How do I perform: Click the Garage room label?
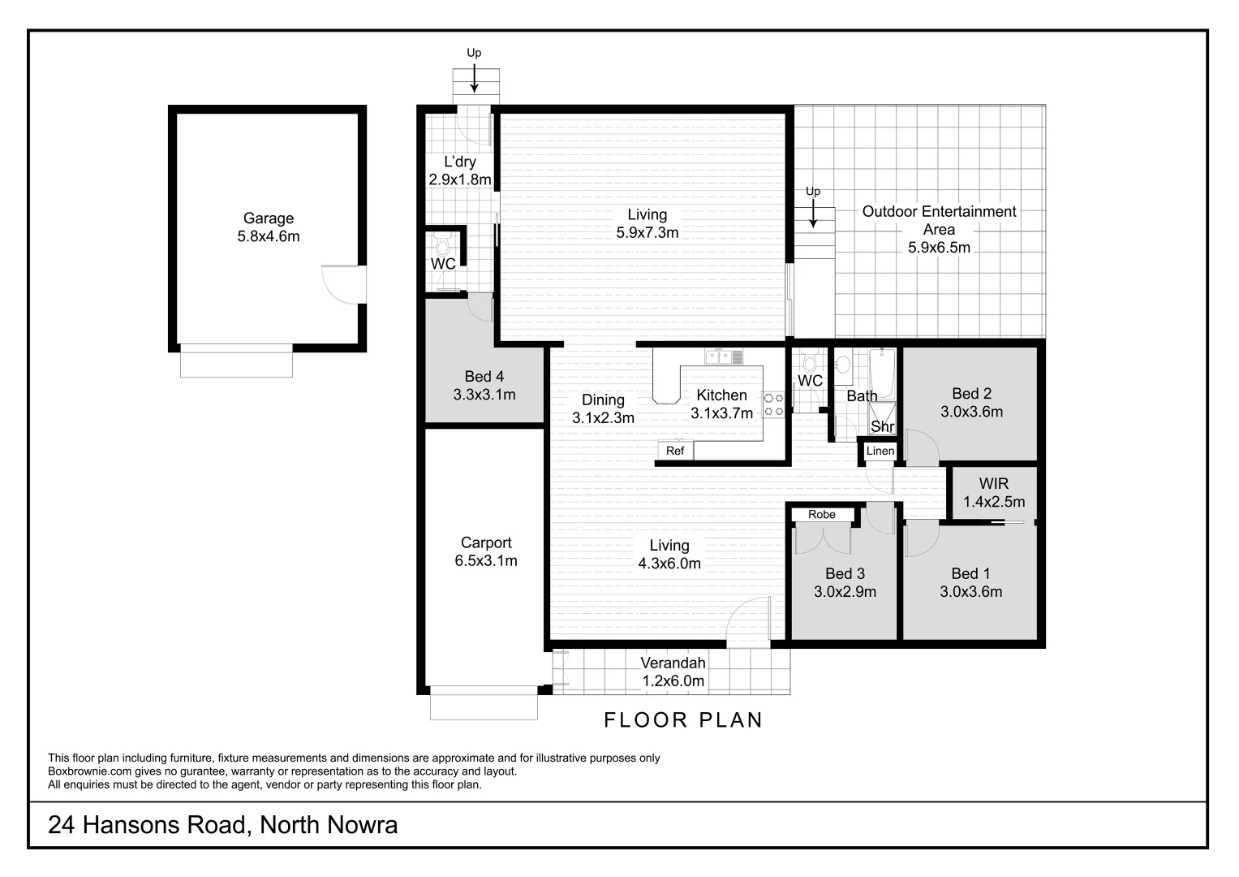point(269,218)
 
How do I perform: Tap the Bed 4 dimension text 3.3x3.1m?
point(484,395)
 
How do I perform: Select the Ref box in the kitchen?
point(675,451)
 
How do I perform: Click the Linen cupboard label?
point(880,451)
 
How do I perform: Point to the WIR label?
point(993,484)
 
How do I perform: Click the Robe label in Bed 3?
point(821,514)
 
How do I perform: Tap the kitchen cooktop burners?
point(774,404)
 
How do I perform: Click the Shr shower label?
point(882,426)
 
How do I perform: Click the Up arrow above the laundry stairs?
point(474,75)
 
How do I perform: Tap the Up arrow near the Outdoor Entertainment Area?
point(814,213)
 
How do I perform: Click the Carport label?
point(486,542)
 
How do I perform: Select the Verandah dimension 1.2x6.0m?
point(673,681)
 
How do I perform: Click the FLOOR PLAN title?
point(683,720)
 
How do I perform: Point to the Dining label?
point(603,400)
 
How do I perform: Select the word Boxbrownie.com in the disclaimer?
point(85,771)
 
